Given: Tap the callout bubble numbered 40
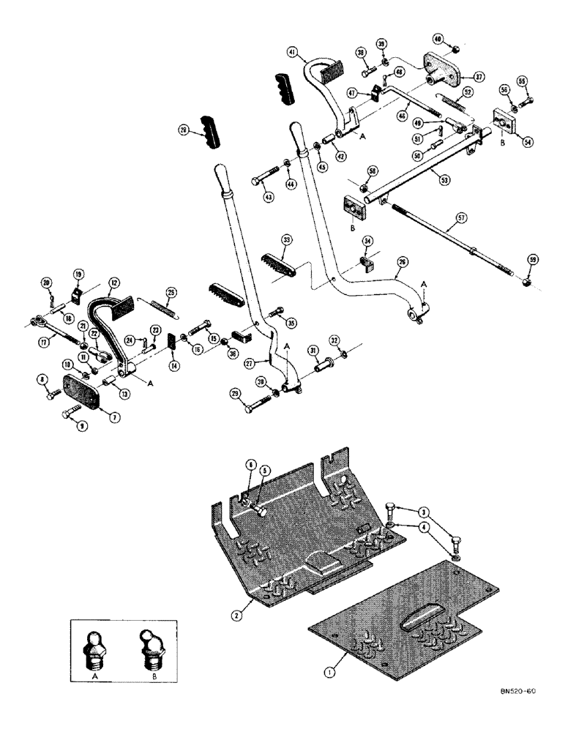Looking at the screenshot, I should pos(438,39).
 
